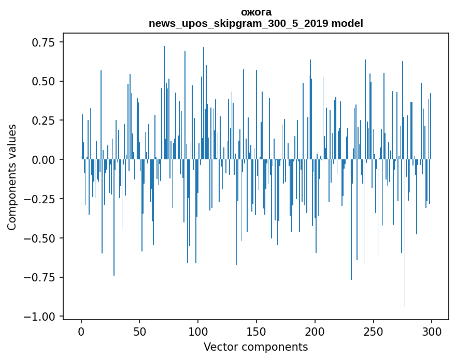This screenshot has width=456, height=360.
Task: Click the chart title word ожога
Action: [x=256, y=12]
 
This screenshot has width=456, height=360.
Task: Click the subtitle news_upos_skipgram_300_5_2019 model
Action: [x=256, y=23]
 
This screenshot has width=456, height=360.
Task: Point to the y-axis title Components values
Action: [x=12, y=177]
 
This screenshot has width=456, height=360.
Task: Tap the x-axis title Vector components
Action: [x=256, y=347]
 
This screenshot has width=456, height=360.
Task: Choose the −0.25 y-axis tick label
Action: [x=41, y=199]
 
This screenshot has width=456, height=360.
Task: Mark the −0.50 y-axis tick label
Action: [x=41, y=238]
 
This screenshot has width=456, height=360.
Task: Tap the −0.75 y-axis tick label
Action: [x=41, y=277]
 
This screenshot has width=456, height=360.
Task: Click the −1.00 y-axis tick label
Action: [x=41, y=316]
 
